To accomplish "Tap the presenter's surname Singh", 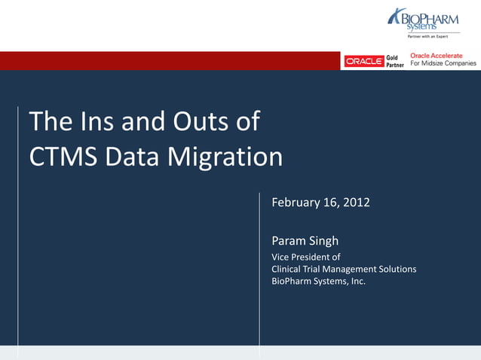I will tap(323, 241).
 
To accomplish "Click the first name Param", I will tap(289, 241).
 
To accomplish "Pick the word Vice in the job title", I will tap(280, 257).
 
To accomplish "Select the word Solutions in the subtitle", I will tap(397, 269).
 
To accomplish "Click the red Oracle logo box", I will tap(364, 61).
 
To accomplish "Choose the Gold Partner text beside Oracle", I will tap(395, 61).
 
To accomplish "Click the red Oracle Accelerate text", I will tap(437, 56).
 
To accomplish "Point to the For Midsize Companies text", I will tap(443, 64).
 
